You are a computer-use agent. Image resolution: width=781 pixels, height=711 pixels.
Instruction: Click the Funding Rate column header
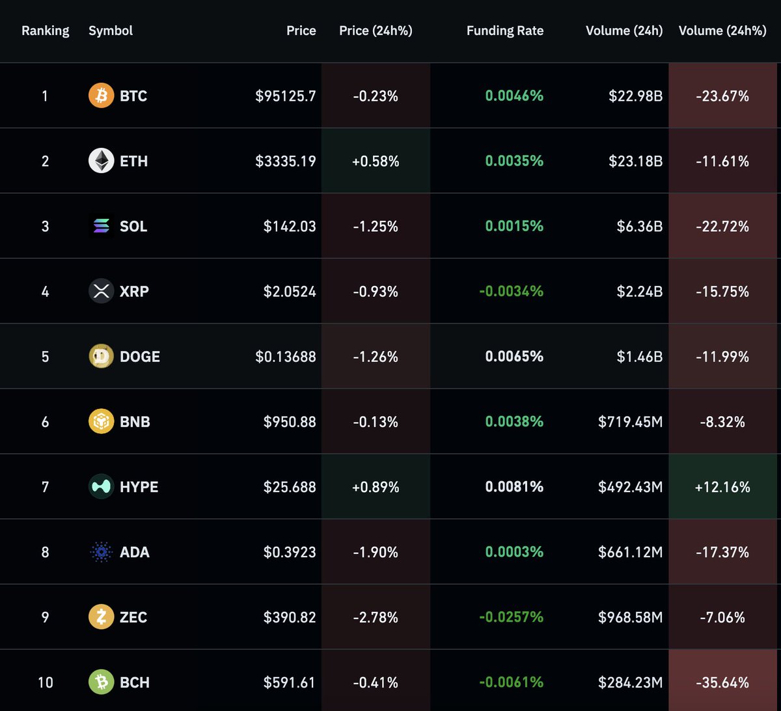504,31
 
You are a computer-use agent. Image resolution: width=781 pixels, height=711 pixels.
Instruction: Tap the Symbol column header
111,31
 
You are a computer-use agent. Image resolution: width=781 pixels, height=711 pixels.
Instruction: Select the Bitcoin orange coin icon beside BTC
101,96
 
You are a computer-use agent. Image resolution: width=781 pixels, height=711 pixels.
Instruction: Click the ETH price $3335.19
286,161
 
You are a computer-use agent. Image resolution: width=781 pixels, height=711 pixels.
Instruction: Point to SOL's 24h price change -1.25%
376,227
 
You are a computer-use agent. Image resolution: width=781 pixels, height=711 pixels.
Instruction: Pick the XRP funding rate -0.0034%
511,292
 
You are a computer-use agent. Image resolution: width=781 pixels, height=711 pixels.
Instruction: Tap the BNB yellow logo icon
101,422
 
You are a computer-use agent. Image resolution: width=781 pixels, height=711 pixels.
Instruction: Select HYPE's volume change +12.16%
722,487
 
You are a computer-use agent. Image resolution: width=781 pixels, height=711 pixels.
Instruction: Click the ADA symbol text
135,552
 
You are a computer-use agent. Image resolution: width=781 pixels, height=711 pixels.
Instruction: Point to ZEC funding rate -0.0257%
511,617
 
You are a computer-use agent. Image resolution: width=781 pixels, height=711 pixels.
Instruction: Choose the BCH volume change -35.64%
722,682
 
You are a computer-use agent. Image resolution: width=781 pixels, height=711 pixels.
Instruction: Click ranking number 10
45,682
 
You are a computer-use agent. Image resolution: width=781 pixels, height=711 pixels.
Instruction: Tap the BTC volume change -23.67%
722,96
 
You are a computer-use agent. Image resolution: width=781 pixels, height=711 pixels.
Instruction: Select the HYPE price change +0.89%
376,487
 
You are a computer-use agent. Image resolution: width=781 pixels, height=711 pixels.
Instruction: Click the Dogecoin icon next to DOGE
101,357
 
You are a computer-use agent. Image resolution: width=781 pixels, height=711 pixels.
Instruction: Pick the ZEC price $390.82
290,617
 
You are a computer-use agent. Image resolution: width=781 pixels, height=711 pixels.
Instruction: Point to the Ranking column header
45,31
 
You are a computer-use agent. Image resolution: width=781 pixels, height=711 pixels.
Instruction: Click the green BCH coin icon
101,682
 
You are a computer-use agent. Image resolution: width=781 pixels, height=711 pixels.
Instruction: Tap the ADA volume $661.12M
630,552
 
